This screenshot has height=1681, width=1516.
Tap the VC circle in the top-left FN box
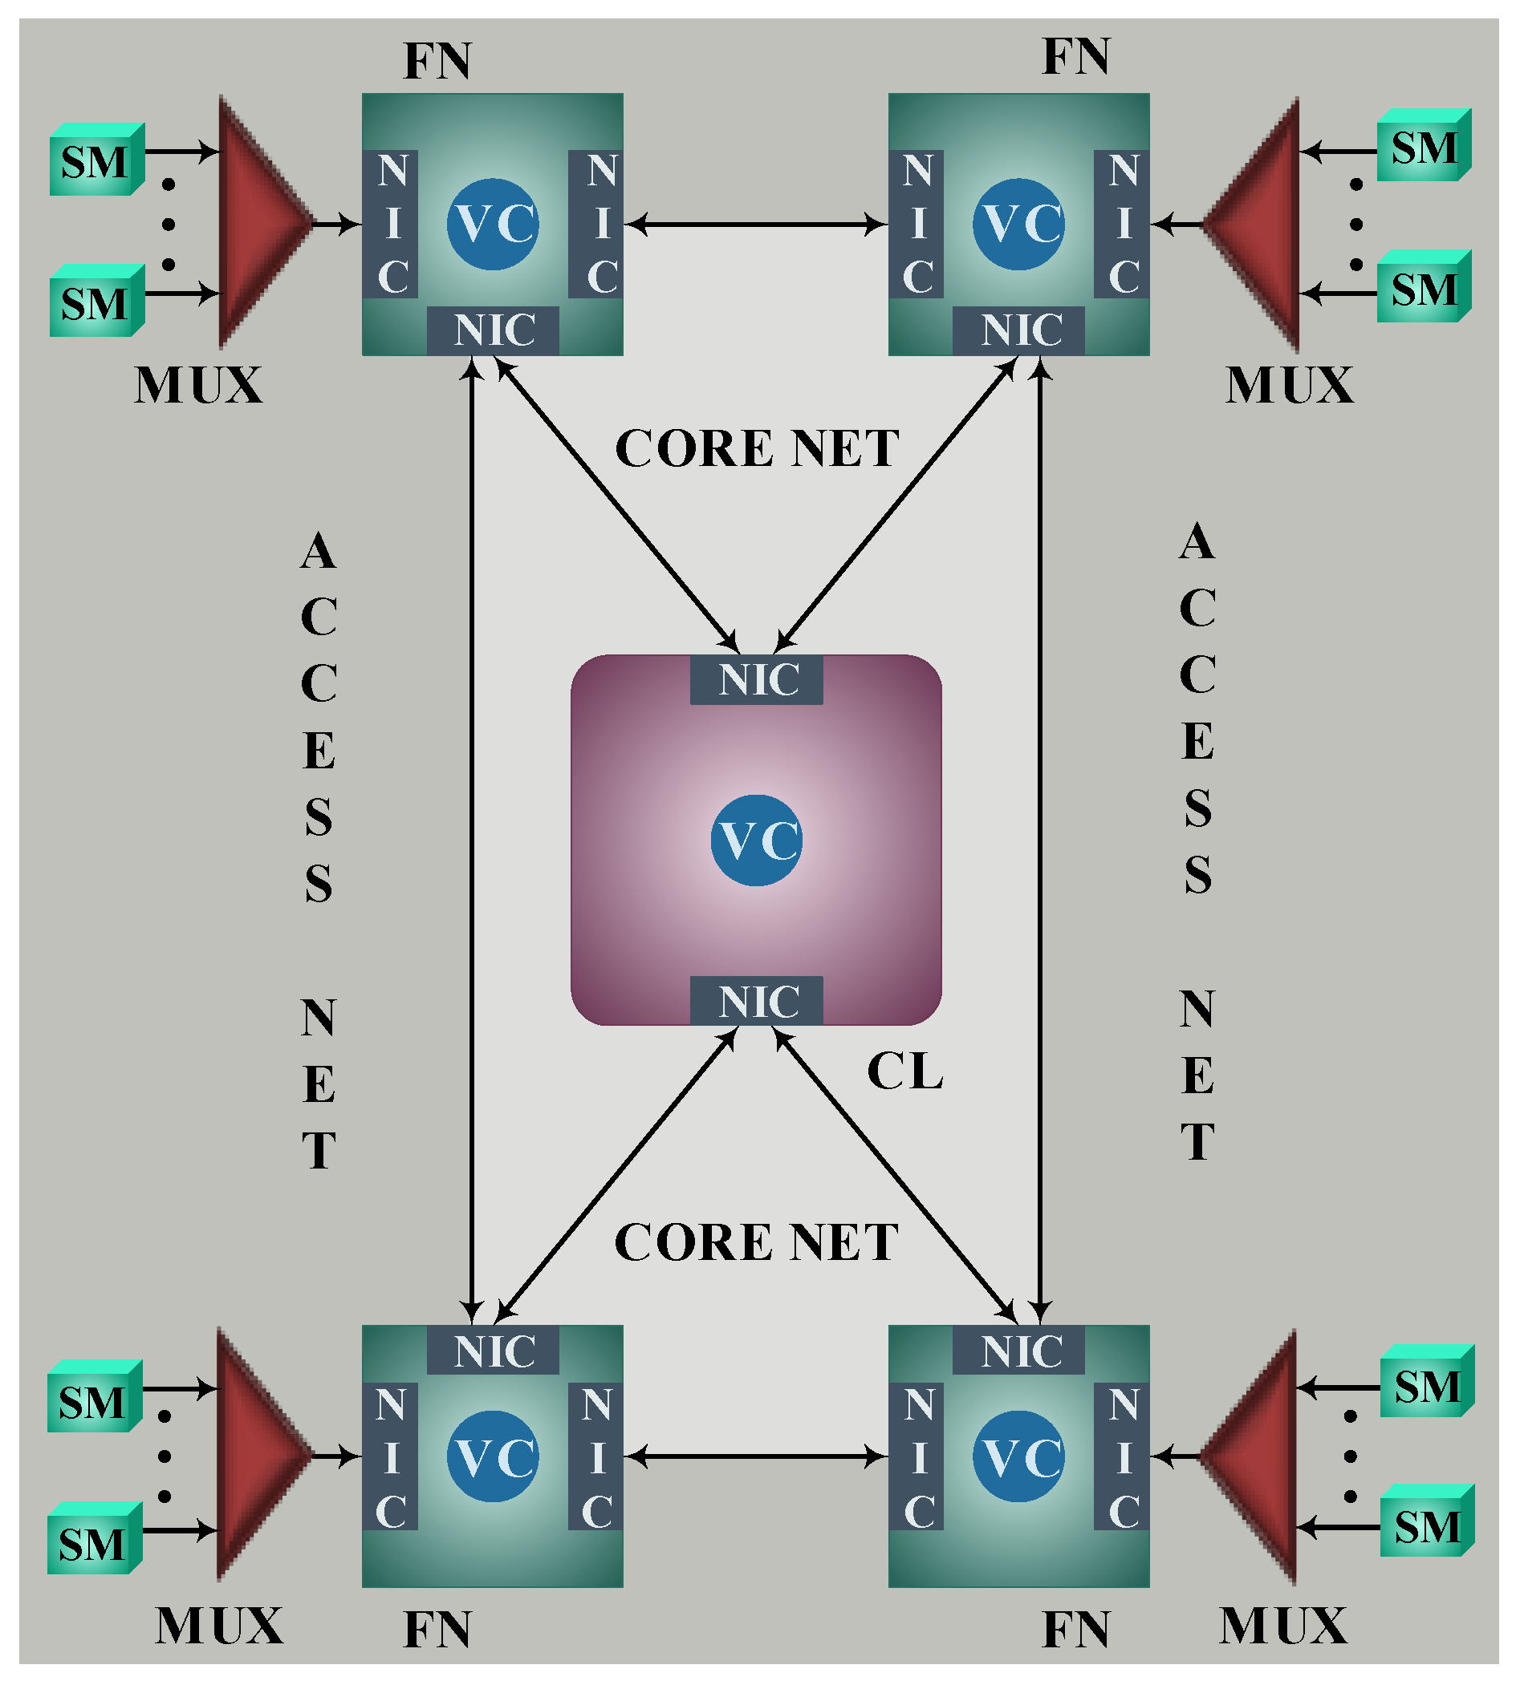pos(493,224)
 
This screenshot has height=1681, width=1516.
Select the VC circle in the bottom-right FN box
pos(1018,1456)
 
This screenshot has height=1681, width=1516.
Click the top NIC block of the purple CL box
pos(756,679)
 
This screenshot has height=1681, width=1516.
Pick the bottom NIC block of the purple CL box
pos(756,1001)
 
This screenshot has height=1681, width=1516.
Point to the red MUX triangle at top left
pos(258,222)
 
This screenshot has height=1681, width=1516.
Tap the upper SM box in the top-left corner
pos(96,159)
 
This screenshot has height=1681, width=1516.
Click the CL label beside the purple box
pos(905,1071)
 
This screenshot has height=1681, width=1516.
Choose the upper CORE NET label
pos(757,449)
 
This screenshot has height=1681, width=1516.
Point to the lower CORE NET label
pos(756,1242)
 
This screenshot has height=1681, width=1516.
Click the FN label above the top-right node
pos(1076,57)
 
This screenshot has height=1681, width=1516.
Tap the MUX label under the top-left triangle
pos(198,385)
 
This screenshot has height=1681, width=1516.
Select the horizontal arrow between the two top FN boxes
pos(756,224)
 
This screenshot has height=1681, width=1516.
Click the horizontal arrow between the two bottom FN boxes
pos(756,1456)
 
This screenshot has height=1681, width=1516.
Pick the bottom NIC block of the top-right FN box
pos(1018,330)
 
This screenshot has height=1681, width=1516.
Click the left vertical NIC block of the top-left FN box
pos(390,224)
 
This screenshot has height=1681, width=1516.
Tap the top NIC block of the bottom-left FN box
pos(493,1350)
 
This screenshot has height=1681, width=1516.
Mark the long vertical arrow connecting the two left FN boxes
pos(472,840)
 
